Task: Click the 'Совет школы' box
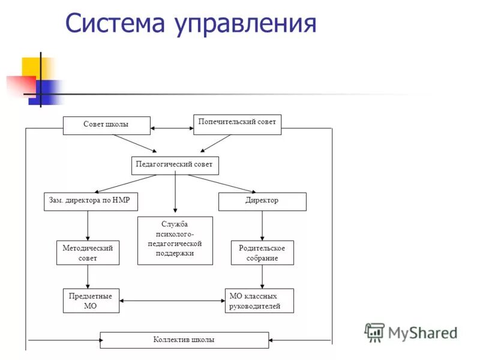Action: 106,125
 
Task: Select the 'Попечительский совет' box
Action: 237,124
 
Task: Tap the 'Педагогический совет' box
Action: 175,165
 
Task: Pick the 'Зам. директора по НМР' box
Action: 90,201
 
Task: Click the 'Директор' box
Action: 262,201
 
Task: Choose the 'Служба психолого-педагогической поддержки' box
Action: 175,240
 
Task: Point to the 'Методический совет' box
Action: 88,253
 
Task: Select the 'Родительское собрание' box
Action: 262,253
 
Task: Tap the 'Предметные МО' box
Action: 91,301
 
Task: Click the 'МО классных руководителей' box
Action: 259,301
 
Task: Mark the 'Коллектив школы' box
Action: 184,340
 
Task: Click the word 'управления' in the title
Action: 245,24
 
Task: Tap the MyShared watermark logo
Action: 410,332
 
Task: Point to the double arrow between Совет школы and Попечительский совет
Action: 172,128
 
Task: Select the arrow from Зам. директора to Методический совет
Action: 88,226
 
